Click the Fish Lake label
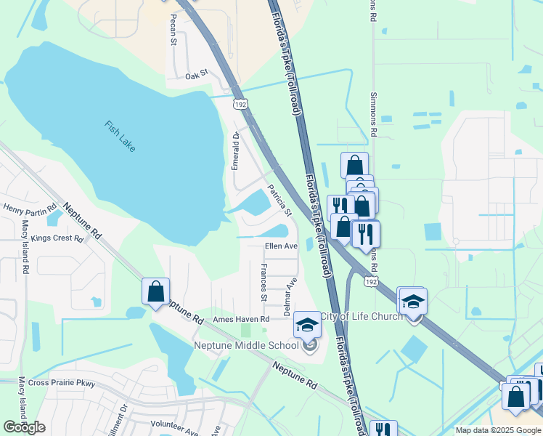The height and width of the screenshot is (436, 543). [x=120, y=137]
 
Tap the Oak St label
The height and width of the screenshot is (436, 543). [x=196, y=75]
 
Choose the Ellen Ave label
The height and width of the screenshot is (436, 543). [x=281, y=246]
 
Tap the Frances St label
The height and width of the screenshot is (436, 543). [x=264, y=283]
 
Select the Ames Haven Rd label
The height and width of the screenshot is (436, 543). [x=241, y=319]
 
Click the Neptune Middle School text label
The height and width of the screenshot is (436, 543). [x=246, y=345]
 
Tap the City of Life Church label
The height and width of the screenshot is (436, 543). [x=362, y=316]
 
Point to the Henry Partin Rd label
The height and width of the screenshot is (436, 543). [x=30, y=209]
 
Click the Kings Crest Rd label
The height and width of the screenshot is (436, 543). [x=57, y=238]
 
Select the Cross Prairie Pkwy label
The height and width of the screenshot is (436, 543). [x=62, y=382]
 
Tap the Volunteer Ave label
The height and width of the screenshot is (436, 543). [x=174, y=424]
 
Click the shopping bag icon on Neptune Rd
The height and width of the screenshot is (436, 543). [x=156, y=292]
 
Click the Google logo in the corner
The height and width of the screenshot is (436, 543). [x=25, y=427]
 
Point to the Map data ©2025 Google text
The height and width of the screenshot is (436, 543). [x=498, y=430]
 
